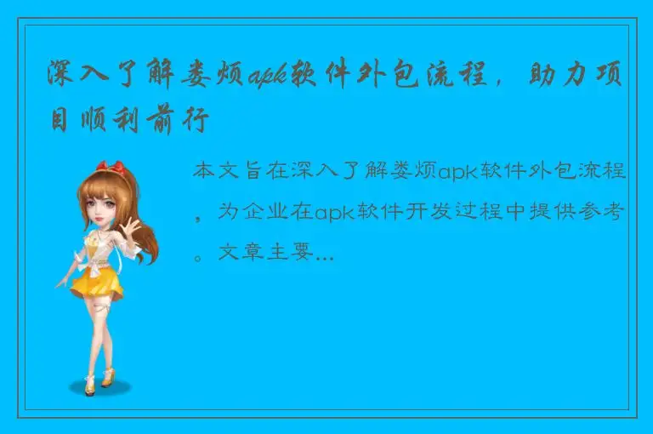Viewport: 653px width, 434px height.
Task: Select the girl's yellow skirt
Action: (98, 280)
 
